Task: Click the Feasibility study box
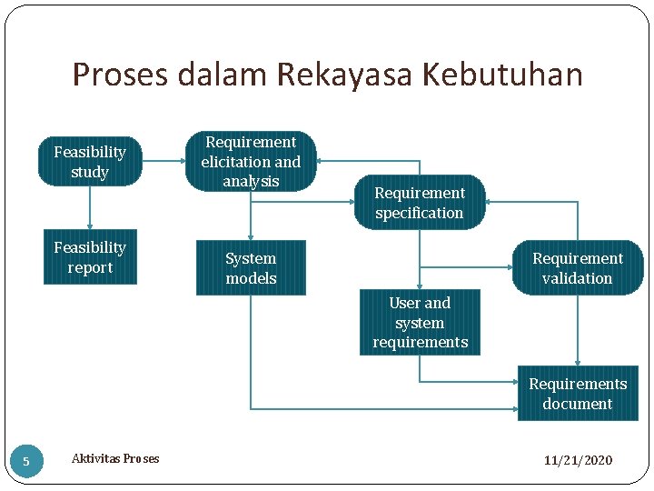coord(89,162)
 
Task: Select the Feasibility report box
coord(90,257)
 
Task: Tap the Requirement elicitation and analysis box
coord(251,162)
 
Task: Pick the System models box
coord(251,268)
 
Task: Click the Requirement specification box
coord(419,203)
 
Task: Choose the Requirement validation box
coord(577,268)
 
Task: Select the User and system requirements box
coord(419,323)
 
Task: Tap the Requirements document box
coord(577,394)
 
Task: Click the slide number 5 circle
coord(25,461)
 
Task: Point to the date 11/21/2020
coord(578,460)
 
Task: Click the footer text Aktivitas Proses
coord(115,459)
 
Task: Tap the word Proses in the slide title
coord(120,75)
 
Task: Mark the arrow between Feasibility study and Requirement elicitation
coord(163,162)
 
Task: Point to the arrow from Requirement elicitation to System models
coord(251,215)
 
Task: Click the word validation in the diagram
coord(577,278)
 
